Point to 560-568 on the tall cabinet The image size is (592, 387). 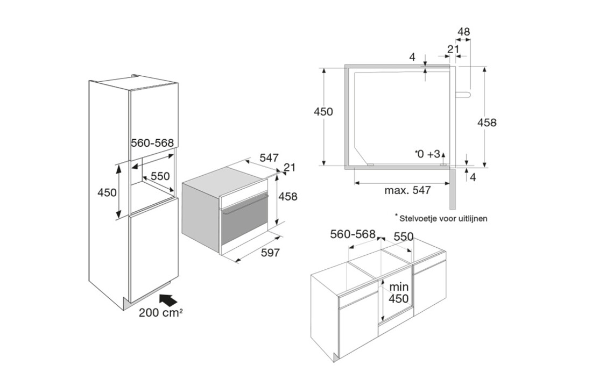(153, 142)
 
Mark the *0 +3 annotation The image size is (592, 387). (427, 154)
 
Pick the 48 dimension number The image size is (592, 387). (463, 32)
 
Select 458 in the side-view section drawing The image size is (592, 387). (487, 123)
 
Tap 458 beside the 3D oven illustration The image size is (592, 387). (288, 197)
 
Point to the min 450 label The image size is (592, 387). (399, 293)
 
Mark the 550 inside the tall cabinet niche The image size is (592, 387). (160, 176)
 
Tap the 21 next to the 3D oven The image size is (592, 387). (290, 168)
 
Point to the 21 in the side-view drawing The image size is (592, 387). (453, 49)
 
